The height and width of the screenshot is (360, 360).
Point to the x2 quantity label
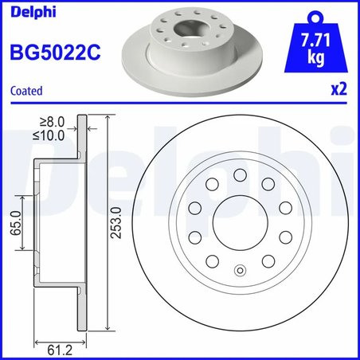point(338,91)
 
